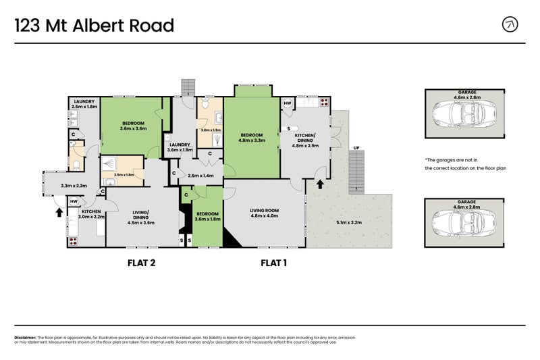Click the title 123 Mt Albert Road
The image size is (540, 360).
pos(94,26)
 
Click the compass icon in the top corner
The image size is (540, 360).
pos(511,25)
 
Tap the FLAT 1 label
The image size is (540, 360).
pos(274,263)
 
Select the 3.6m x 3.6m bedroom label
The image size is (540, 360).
pos(134,126)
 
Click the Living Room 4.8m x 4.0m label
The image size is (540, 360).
pos(264,214)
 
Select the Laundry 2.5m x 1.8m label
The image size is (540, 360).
pos(84,105)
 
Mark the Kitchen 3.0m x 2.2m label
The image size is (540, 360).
pos(91,214)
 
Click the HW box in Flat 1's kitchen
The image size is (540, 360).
pos(287,104)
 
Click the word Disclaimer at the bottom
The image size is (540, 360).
pos(25,337)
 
